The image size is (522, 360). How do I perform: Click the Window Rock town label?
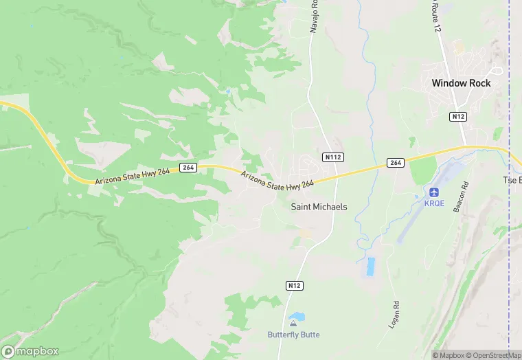tap(461, 83)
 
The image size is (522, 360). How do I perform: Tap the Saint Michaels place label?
tap(319, 206)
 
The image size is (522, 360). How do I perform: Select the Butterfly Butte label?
tap(293, 335)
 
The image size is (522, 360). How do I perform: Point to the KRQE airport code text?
tap(434, 204)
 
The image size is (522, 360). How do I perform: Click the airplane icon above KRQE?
tap(434, 192)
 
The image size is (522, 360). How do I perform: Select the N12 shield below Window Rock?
tap(458, 117)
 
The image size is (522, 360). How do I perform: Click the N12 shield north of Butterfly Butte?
tap(293, 284)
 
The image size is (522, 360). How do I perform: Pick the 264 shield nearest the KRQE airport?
tap(395, 162)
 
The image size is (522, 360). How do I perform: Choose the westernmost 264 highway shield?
tap(188, 168)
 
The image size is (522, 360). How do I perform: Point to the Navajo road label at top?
tap(313, 16)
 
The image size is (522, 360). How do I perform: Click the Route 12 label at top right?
tap(433, 10)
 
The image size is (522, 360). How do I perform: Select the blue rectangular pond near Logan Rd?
tap(371, 267)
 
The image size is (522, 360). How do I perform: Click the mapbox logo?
tap(30, 350)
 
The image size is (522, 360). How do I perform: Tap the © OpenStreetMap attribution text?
tap(493, 355)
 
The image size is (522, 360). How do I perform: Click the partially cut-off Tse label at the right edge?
tap(512, 180)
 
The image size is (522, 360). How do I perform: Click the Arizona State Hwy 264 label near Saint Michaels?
tap(277, 178)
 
